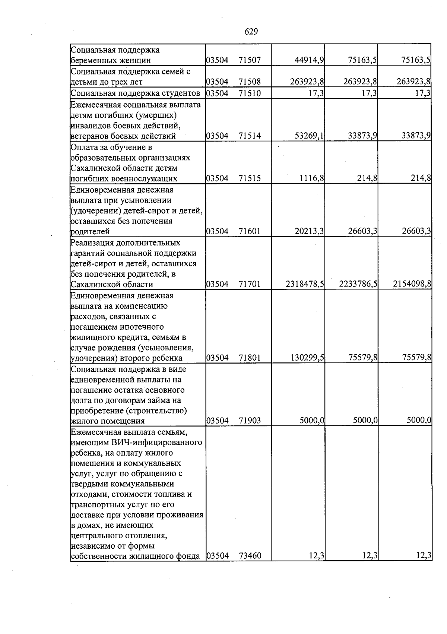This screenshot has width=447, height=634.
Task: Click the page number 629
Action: pyautogui.click(x=251, y=32)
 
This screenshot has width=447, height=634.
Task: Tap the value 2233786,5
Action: pyautogui.click(x=358, y=284)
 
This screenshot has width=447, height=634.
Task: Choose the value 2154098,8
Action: pyautogui.click(x=412, y=284)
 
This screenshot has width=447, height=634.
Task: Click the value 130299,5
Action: pyautogui.click(x=307, y=358)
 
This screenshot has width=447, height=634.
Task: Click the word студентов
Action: pyautogui.click(x=181, y=93)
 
